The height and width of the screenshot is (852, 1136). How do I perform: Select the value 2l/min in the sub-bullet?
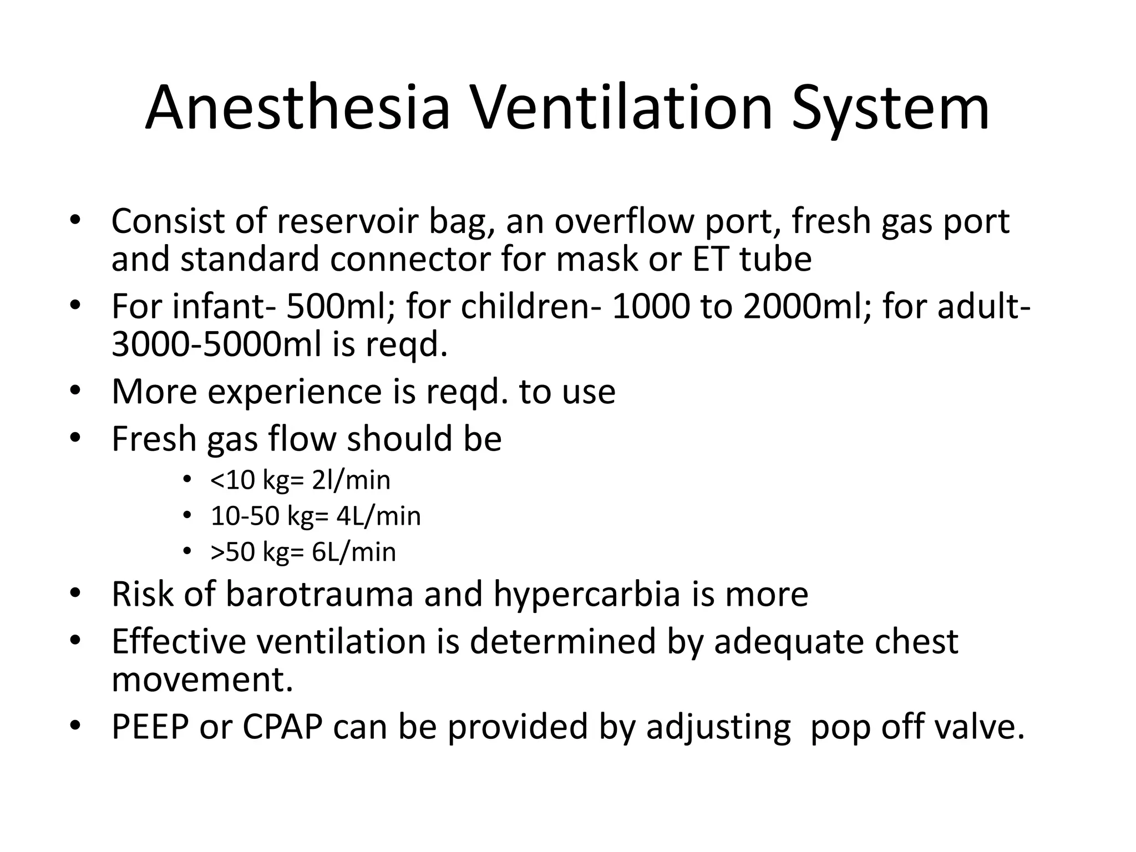click(x=351, y=480)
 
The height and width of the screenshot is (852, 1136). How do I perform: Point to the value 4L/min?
click(x=379, y=516)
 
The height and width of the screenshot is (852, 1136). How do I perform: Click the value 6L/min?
click(x=354, y=552)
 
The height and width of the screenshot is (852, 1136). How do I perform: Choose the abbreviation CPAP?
click(x=283, y=727)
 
